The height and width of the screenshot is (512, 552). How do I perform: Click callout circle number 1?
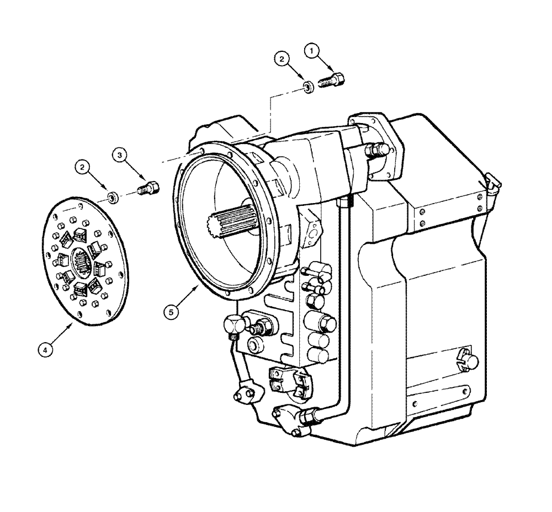312,51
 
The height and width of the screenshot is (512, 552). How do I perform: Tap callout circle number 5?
171,311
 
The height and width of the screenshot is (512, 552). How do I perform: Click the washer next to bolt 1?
309,86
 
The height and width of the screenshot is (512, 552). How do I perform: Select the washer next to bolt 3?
112,196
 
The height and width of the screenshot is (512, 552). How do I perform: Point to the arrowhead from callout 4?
73,325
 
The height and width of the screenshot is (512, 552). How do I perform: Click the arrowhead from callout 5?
197,287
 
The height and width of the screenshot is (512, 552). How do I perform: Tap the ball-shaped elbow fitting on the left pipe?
233,323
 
